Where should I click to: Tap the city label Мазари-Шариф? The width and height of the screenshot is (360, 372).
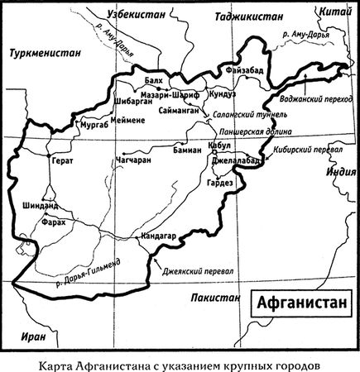click(x=170, y=95)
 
